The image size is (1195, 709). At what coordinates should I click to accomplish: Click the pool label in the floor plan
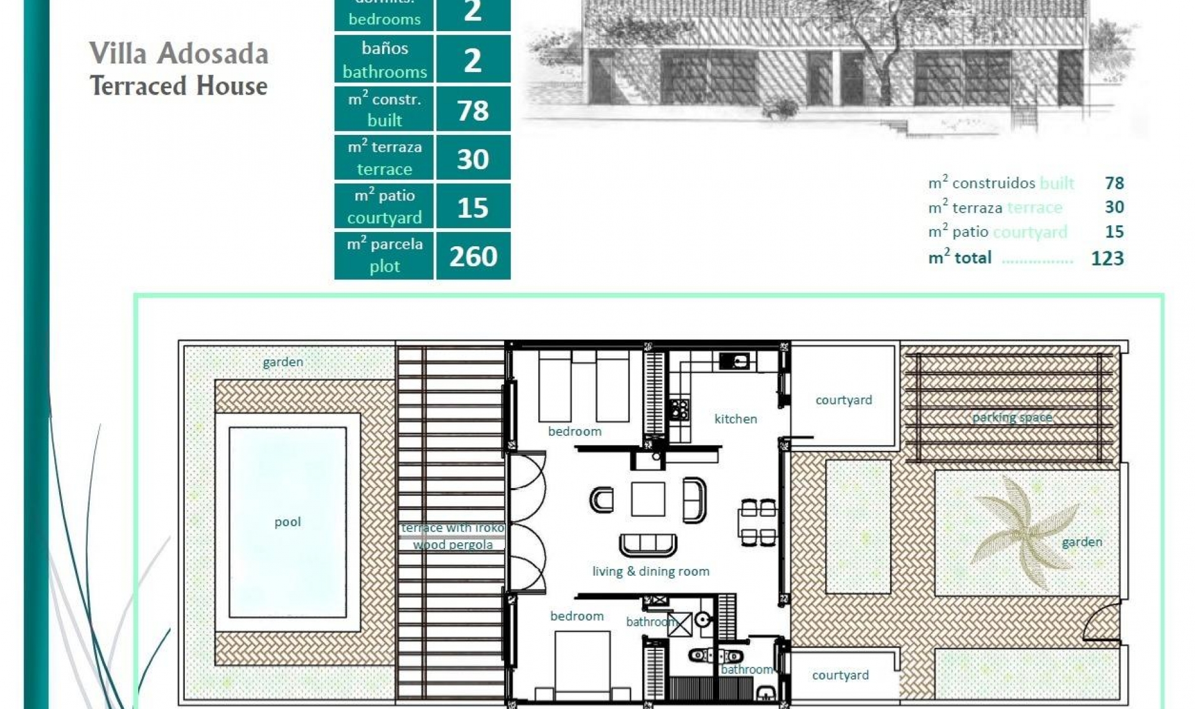288,522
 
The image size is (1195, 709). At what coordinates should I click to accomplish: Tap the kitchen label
736,419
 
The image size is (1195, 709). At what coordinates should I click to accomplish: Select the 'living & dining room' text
650,572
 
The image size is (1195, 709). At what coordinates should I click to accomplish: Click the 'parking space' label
1012,417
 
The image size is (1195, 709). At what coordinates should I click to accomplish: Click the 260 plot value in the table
473,256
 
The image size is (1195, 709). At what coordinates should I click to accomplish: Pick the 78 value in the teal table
473,111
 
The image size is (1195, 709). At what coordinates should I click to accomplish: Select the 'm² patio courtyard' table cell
384,206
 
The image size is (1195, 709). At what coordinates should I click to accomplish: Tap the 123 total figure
1107,258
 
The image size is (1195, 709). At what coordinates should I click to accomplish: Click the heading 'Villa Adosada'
179,53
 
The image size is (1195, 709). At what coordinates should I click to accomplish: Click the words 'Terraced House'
179,86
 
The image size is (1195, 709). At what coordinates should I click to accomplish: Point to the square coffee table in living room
647,499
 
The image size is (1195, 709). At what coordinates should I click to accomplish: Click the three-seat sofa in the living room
648,545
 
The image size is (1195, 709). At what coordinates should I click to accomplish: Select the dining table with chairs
758,522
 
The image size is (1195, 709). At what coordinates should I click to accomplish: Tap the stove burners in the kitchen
679,409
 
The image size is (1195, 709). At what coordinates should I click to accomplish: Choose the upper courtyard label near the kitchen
843,400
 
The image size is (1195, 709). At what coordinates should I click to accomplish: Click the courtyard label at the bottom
840,675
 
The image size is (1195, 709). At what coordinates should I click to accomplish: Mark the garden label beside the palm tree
1082,542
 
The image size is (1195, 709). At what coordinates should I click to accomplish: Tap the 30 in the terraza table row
473,159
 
